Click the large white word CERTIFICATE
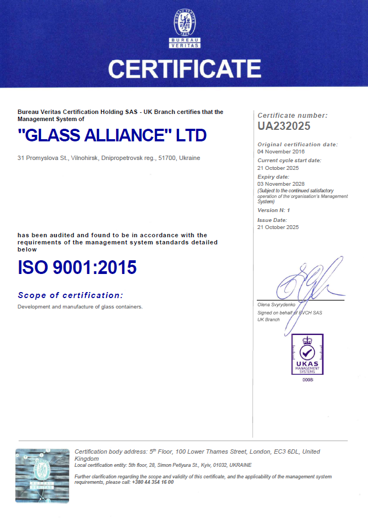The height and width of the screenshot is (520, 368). (184, 69)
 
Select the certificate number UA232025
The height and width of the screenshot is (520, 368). (284, 126)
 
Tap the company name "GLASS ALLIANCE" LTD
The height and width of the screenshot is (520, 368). (112, 135)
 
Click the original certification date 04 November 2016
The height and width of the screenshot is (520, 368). (281, 151)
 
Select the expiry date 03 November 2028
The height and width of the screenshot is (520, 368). (281, 184)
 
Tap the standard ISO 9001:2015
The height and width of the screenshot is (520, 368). (77, 267)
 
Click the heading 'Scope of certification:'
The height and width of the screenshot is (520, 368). (70, 295)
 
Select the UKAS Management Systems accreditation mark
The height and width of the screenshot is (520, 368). (307, 355)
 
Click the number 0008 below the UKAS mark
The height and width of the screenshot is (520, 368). (307, 379)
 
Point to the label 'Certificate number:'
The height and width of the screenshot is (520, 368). (292, 116)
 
